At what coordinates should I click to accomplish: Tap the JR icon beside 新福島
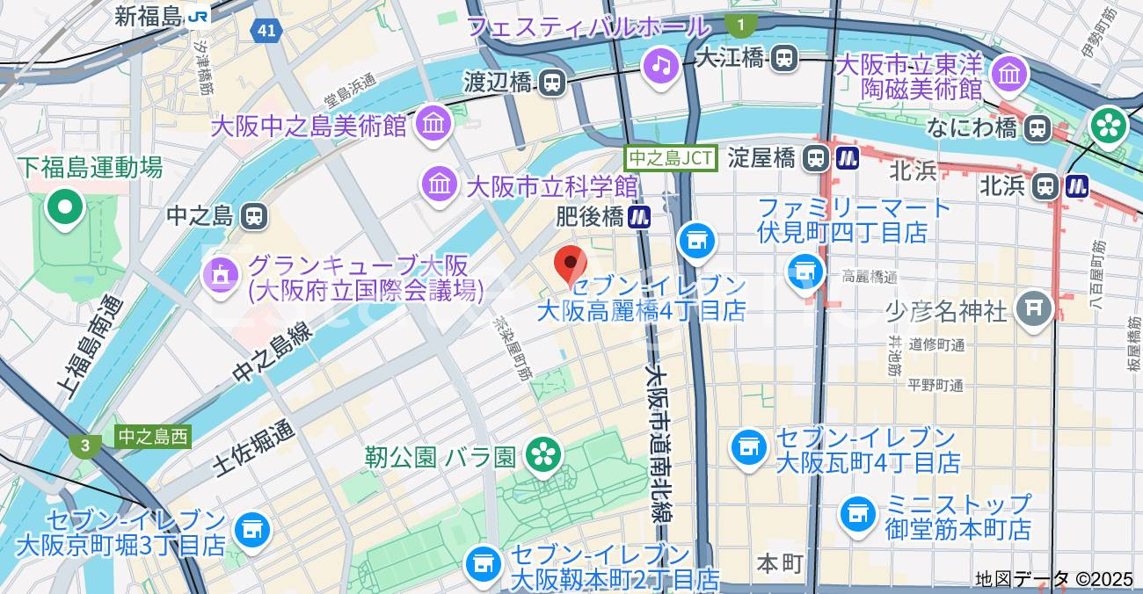(200, 16)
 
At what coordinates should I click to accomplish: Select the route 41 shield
(266, 32)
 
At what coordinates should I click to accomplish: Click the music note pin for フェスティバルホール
(660, 64)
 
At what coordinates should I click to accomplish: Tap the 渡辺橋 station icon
(552, 83)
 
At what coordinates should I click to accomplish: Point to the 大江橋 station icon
(783, 59)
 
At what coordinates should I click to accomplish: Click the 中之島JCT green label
(672, 158)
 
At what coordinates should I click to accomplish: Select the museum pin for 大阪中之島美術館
(433, 123)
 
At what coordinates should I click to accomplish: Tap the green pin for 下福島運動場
(65, 207)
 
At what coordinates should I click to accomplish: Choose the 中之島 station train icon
(254, 214)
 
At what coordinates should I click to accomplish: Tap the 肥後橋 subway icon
(640, 216)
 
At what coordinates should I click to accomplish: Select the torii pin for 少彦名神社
(1034, 308)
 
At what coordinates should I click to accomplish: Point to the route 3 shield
(84, 445)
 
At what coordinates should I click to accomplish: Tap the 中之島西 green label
(153, 437)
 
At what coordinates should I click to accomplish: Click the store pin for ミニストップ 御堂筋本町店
(857, 515)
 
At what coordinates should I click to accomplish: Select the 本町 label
(781, 563)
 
